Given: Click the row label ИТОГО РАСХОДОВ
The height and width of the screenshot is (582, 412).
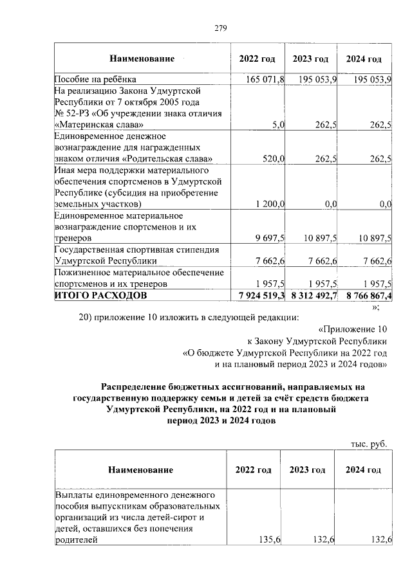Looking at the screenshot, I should (x=100, y=295).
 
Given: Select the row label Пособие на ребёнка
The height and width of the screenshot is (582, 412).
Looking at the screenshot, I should (x=95, y=80).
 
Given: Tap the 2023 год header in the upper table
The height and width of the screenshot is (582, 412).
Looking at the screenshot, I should (x=311, y=59).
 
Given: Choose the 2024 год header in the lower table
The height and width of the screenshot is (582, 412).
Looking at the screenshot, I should (x=363, y=470).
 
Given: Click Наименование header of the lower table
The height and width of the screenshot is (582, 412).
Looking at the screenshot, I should (x=141, y=470).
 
